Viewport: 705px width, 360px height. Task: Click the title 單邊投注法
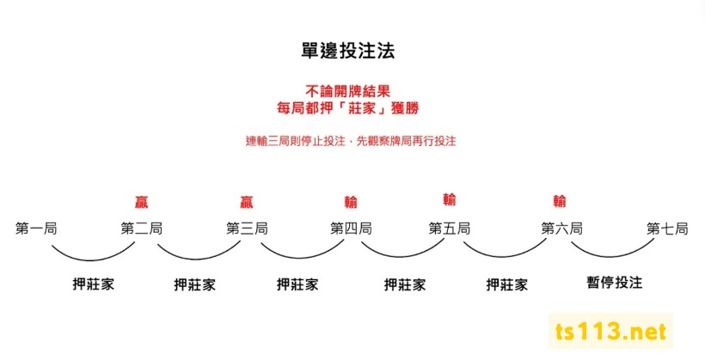(343, 51)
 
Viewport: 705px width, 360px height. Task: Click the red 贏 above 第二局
(142, 202)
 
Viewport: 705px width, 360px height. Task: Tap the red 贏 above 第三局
(247, 202)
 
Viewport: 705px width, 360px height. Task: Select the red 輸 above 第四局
(351, 202)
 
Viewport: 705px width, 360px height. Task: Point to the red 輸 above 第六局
(560, 201)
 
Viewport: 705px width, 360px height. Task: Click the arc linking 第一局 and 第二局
(91, 257)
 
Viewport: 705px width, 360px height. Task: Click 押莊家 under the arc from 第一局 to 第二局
(93, 284)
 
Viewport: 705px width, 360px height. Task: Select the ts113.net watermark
(611, 332)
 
